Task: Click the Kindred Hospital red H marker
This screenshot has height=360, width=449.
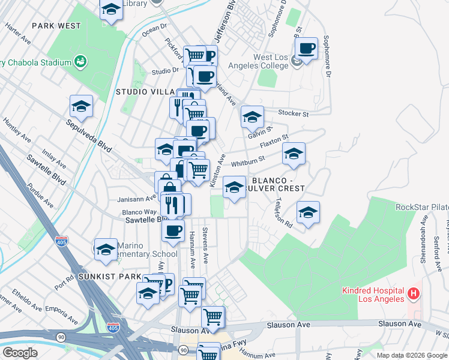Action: (413, 294)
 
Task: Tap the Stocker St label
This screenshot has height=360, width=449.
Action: (294, 113)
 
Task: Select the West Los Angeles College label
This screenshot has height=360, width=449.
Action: (271, 62)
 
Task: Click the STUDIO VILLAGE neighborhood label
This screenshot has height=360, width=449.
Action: (144, 92)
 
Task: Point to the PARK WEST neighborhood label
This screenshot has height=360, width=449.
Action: (56, 26)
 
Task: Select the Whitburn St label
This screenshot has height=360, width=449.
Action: (247, 161)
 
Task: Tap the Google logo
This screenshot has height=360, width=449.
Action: (20, 353)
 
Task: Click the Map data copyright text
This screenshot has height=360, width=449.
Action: (412, 355)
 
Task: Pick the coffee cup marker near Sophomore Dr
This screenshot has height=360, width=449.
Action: (306, 49)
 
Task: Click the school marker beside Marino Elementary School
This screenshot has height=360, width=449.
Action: (106, 249)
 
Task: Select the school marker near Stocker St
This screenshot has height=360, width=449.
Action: (253, 116)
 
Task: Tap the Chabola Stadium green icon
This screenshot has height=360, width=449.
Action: (79, 61)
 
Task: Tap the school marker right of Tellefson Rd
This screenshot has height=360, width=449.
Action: (308, 212)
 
